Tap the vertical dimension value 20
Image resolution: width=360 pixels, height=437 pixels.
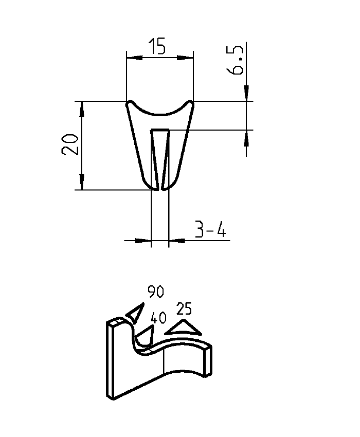point(70,144)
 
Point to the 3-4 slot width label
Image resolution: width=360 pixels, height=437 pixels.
point(211,230)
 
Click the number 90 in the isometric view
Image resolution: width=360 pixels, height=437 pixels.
point(155,292)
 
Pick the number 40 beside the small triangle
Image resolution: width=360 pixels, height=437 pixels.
point(158,318)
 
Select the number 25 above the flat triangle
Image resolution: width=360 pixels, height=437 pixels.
point(184,309)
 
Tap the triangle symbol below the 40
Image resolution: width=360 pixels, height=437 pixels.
point(145,335)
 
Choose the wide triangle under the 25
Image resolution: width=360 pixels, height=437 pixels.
point(183,328)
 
